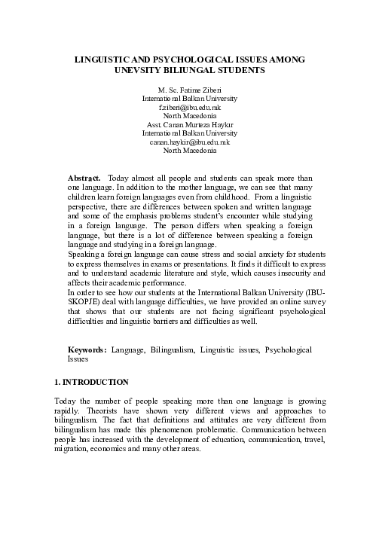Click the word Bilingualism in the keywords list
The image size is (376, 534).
pyautogui.click(x=171, y=350)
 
